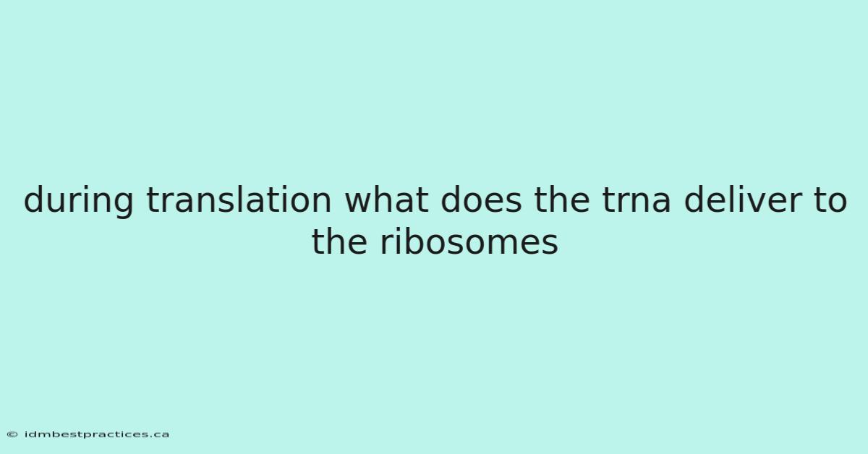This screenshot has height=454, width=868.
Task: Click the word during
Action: coord(79,200)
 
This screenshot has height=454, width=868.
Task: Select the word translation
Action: coord(239,199)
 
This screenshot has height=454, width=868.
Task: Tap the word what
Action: coord(386,199)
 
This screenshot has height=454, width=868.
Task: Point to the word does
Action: coord(481,199)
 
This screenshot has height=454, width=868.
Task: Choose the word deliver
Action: coord(741,199)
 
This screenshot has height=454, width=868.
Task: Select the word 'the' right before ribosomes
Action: coord(339,241)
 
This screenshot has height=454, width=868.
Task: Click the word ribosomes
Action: coord(469,241)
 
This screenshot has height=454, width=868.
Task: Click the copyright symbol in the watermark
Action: coord(12,434)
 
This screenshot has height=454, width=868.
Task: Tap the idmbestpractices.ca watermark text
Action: coord(96,434)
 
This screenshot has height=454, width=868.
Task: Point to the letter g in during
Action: coord(123,205)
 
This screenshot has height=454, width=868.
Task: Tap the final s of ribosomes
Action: coord(550,244)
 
